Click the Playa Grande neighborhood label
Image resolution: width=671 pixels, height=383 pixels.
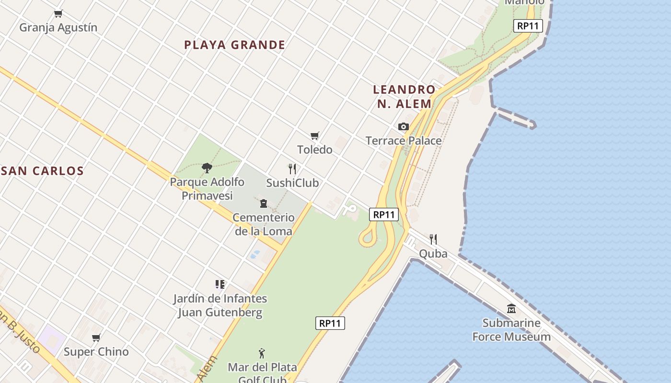[x=234, y=45]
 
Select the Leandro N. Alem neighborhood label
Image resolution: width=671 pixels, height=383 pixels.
[x=404, y=96]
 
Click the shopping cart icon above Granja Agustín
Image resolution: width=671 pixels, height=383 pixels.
[x=58, y=14]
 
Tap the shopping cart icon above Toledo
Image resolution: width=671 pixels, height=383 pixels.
[x=315, y=136]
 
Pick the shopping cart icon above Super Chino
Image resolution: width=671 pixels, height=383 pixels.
[x=96, y=338]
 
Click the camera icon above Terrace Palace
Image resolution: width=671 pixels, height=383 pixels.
[x=404, y=127]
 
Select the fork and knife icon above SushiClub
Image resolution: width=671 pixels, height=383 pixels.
[x=292, y=169]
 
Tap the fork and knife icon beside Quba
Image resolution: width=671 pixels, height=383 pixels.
[x=433, y=239]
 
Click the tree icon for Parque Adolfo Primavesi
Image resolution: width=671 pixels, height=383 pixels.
[x=207, y=168]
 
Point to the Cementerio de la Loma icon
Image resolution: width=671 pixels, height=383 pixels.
[x=263, y=203]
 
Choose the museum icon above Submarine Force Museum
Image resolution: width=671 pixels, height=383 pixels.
[x=511, y=309]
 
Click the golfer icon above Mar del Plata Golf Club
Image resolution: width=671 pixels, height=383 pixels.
[x=262, y=354]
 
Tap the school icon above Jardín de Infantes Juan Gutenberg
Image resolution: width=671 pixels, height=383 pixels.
[x=220, y=284]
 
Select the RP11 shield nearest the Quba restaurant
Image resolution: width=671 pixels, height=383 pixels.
[x=384, y=214]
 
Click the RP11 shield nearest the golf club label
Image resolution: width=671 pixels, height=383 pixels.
[x=330, y=323]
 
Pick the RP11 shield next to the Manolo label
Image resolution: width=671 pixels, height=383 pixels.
[x=528, y=26]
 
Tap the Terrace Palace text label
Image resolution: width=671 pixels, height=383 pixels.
[x=404, y=141]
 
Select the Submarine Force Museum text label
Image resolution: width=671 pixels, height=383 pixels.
[x=511, y=330]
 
